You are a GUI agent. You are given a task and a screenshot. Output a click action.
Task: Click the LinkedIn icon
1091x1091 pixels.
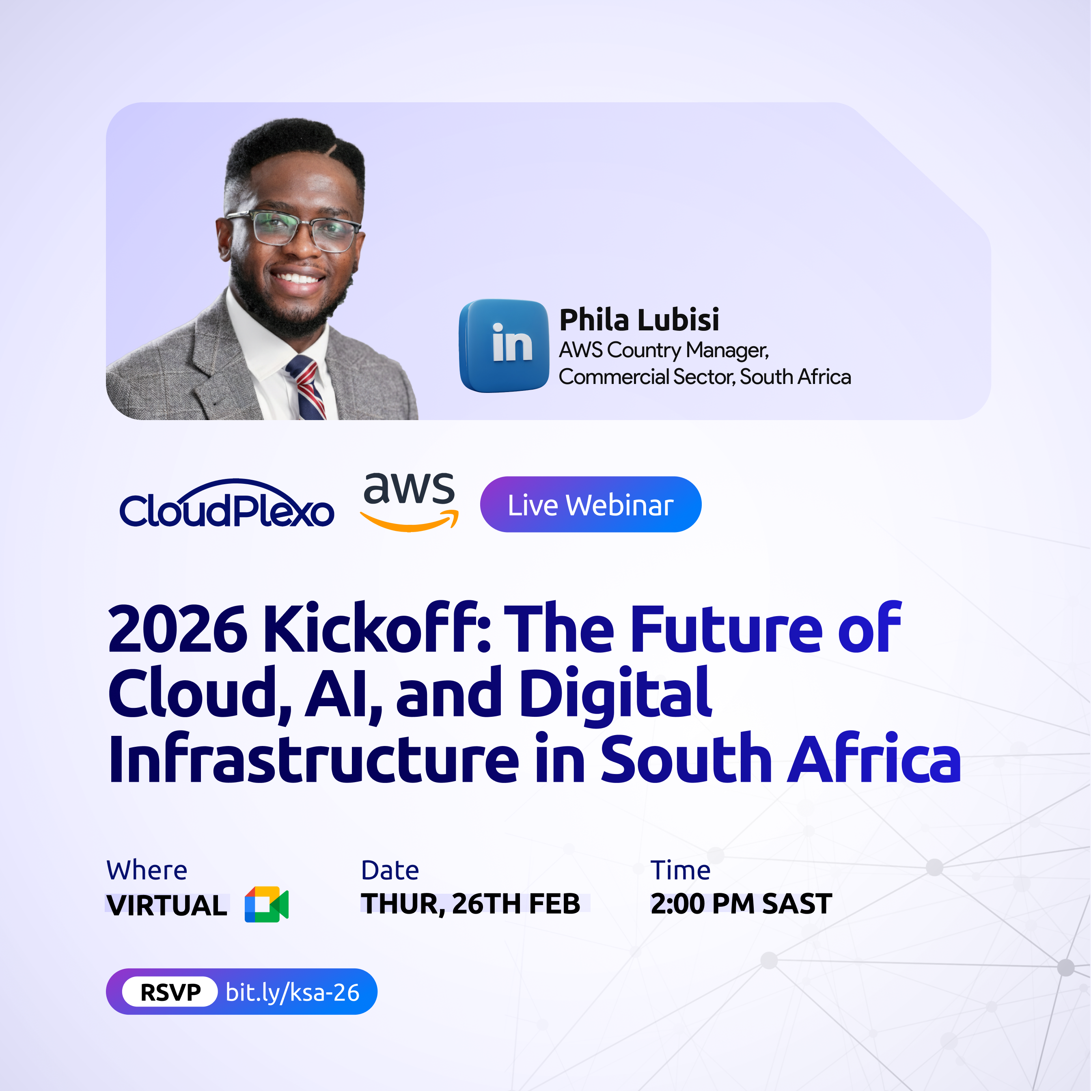point(504,345)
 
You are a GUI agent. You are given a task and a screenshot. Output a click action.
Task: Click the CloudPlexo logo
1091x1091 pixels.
point(226,504)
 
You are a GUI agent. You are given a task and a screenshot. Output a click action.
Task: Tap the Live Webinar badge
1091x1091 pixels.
point(591,504)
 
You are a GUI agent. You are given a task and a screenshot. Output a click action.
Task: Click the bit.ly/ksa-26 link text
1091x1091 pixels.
point(293,992)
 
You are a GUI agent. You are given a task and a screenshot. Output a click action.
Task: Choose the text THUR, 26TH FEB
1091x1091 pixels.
point(471,903)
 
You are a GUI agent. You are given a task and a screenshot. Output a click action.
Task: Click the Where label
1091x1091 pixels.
point(147,870)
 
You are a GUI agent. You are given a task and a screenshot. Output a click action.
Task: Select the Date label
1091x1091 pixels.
point(390,870)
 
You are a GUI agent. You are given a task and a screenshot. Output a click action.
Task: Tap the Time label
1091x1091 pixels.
point(681,870)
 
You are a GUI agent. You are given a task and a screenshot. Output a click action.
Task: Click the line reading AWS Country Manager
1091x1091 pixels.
point(664,351)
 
